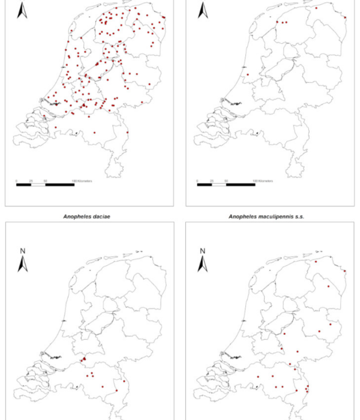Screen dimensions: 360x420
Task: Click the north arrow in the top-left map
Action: [x=22, y=10]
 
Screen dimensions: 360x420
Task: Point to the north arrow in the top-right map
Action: [x=203, y=10]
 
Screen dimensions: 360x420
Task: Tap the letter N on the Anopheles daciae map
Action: [x=22, y=250]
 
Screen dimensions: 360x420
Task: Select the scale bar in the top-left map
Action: [x=46, y=184]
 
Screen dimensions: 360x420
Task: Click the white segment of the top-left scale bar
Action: [x=38, y=184]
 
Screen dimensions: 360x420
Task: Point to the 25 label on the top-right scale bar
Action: [x=212, y=179]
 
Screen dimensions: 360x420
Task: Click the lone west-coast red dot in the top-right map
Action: [x=248, y=75]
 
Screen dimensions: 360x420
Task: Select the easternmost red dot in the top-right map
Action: [x=346, y=17]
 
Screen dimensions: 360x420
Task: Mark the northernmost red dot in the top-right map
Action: [x=316, y=8]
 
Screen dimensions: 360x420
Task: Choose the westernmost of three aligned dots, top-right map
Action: [x=277, y=23]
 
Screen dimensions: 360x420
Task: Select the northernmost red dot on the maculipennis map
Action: [x=316, y=262]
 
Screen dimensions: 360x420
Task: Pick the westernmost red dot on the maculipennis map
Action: [x=258, y=377]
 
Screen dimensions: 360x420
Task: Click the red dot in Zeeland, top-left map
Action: [x=56, y=127]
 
